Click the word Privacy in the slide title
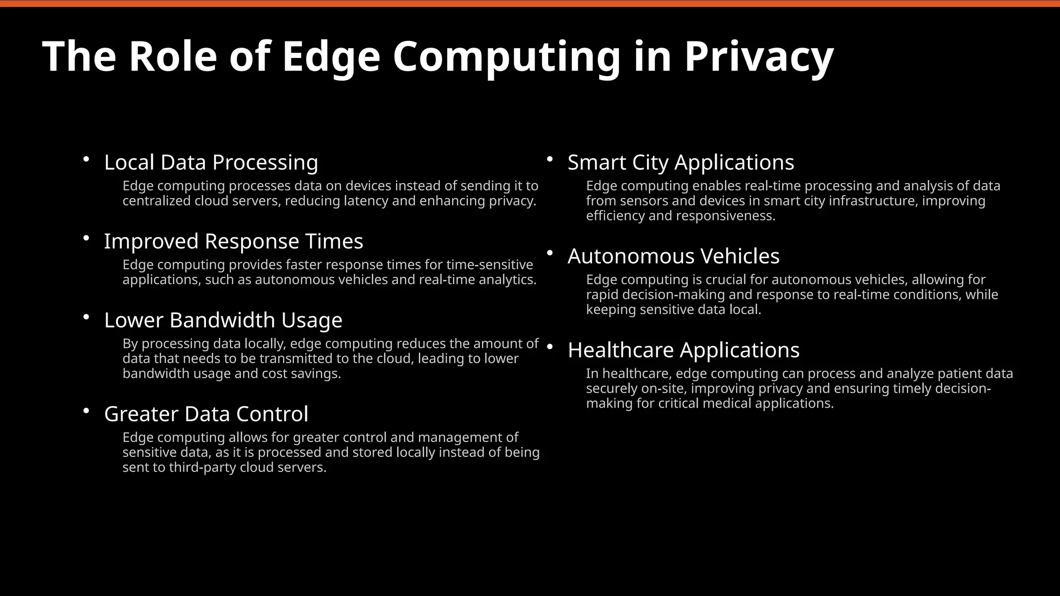click(x=759, y=56)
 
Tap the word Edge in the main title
click(x=331, y=56)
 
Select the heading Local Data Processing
click(x=211, y=162)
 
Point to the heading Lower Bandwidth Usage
click(x=223, y=320)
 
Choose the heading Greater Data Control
click(x=206, y=414)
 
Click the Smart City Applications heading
click(x=681, y=162)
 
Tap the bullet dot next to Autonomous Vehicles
click(x=550, y=253)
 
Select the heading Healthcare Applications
click(x=683, y=350)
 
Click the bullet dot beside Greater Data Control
click(x=86, y=411)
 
